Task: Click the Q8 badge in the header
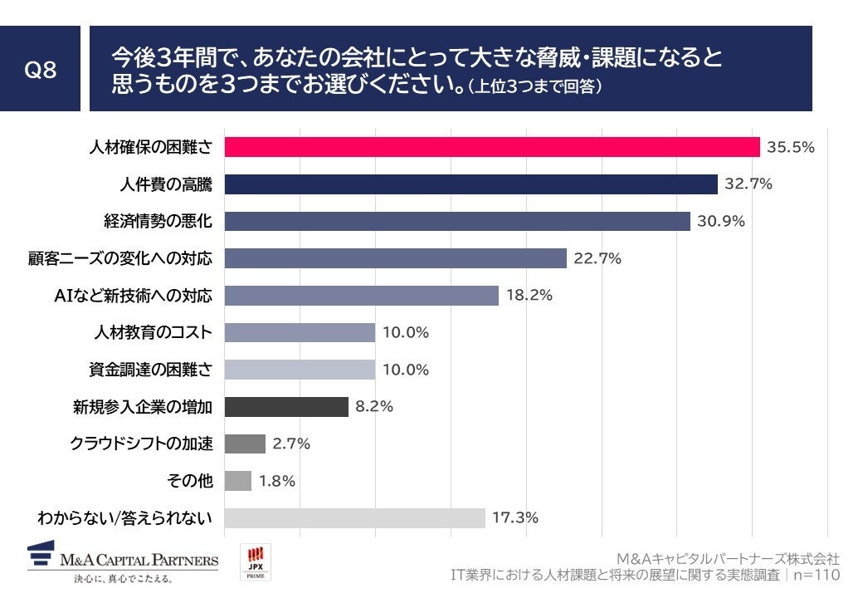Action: (x=40, y=70)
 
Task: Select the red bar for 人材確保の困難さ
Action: (x=492, y=147)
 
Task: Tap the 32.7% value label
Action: (x=748, y=184)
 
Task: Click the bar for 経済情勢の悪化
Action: (x=457, y=221)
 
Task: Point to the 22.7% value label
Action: (x=597, y=258)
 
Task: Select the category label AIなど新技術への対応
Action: (x=132, y=296)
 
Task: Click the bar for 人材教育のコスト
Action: (x=300, y=332)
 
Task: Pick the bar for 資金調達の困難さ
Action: (x=300, y=370)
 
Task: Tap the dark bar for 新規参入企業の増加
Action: (x=286, y=407)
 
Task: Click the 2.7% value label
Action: (x=291, y=444)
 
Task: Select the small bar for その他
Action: (x=238, y=481)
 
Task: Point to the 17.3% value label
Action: (x=515, y=517)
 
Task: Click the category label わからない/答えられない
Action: (x=124, y=518)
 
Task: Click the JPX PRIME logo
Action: (x=256, y=562)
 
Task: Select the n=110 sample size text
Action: (x=817, y=575)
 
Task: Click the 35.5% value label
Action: (x=791, y=147)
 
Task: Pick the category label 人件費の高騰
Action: (x=165, y=184)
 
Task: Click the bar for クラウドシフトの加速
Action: (x=245, y=444)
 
